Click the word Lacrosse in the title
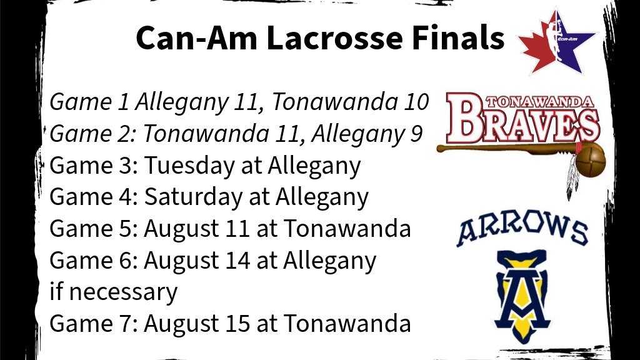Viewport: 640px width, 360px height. pos(334,38)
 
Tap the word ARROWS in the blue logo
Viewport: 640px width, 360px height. pos(522,231)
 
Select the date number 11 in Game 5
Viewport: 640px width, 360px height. pos(236,229)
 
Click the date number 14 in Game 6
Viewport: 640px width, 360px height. pos(237,261)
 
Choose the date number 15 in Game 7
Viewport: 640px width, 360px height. pos(237,324)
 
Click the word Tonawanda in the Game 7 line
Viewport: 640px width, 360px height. pos(347,324)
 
